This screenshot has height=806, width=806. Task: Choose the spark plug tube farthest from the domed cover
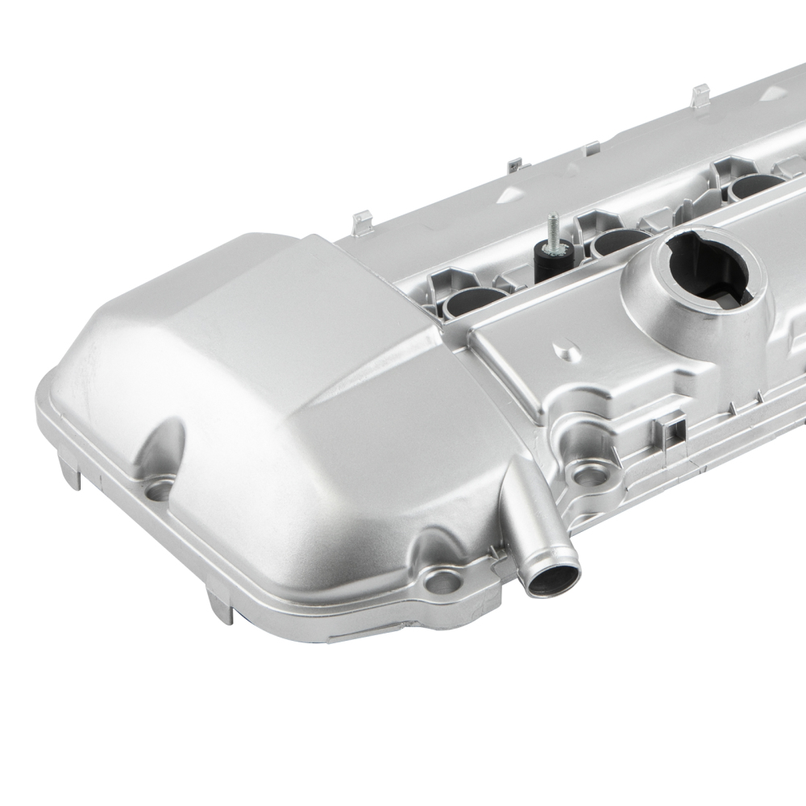(754, 186)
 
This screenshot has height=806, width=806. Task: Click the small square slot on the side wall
(668, 424)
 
